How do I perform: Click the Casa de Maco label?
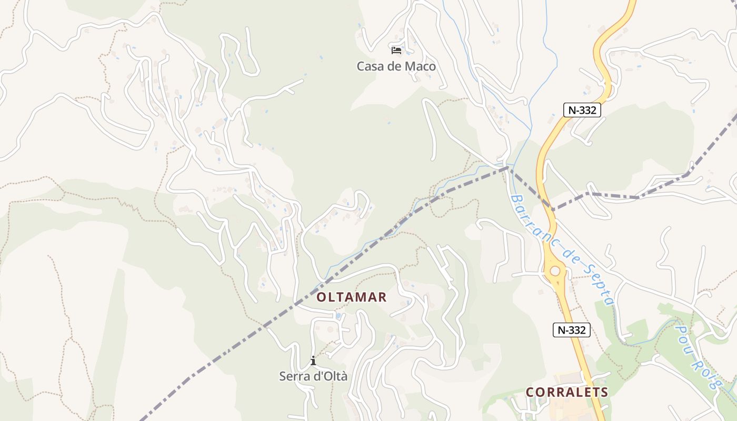tap(396, 66)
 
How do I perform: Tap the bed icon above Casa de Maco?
tap(396, 51)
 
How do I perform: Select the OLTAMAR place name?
tap(352, 297)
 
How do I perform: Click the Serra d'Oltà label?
tap(313, 376)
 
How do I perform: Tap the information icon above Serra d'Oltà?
tap(313, 360)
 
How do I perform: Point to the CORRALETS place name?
tap(567, 392)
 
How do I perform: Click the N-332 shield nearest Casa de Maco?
tap(582, 110)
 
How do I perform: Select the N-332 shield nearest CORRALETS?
tap(571, 330)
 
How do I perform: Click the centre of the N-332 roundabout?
tap(555, 271)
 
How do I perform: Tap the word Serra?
tap(293, 376)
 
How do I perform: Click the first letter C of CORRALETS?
tap(530, 392)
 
